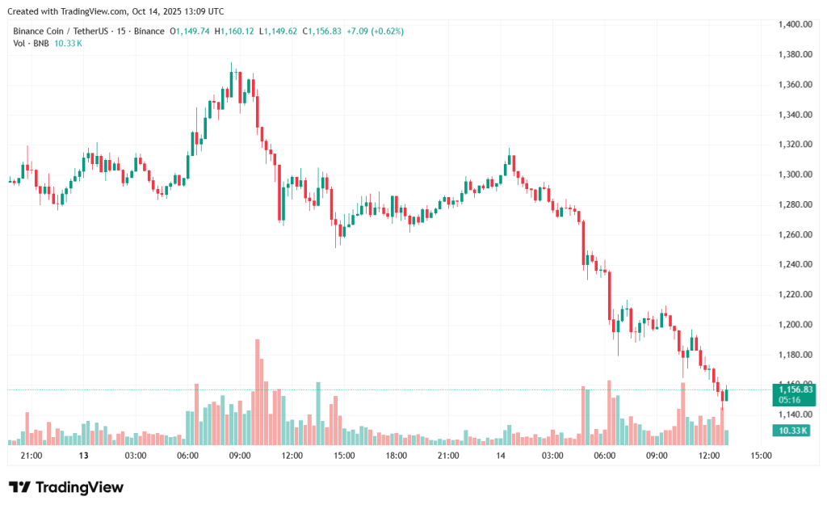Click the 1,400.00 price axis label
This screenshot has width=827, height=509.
(x=795, y=24)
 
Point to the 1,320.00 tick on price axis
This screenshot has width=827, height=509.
(x=795, y=145)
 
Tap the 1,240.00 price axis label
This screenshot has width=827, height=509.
(x=795, y=264)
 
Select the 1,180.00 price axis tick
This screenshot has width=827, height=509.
(x=795, y=355)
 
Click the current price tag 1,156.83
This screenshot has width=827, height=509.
(x=794, y=389)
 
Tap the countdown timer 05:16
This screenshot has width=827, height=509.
(x=790, y=399)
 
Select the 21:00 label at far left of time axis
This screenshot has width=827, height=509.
(x=31, y=456)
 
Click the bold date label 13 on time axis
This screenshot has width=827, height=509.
(x=83, y=456)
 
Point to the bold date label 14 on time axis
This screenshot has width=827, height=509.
(x=501, y=456)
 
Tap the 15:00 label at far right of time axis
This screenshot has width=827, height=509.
(x=761, y=456)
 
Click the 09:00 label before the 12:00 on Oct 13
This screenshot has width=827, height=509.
(x=240, y=456)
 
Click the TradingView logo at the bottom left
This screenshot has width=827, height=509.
(x=66, y=487)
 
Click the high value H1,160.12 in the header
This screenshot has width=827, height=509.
(x=234, y=31)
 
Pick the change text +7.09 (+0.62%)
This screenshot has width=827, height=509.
(x=375, y=31)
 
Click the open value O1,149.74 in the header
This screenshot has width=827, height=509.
(x=190, y=31)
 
